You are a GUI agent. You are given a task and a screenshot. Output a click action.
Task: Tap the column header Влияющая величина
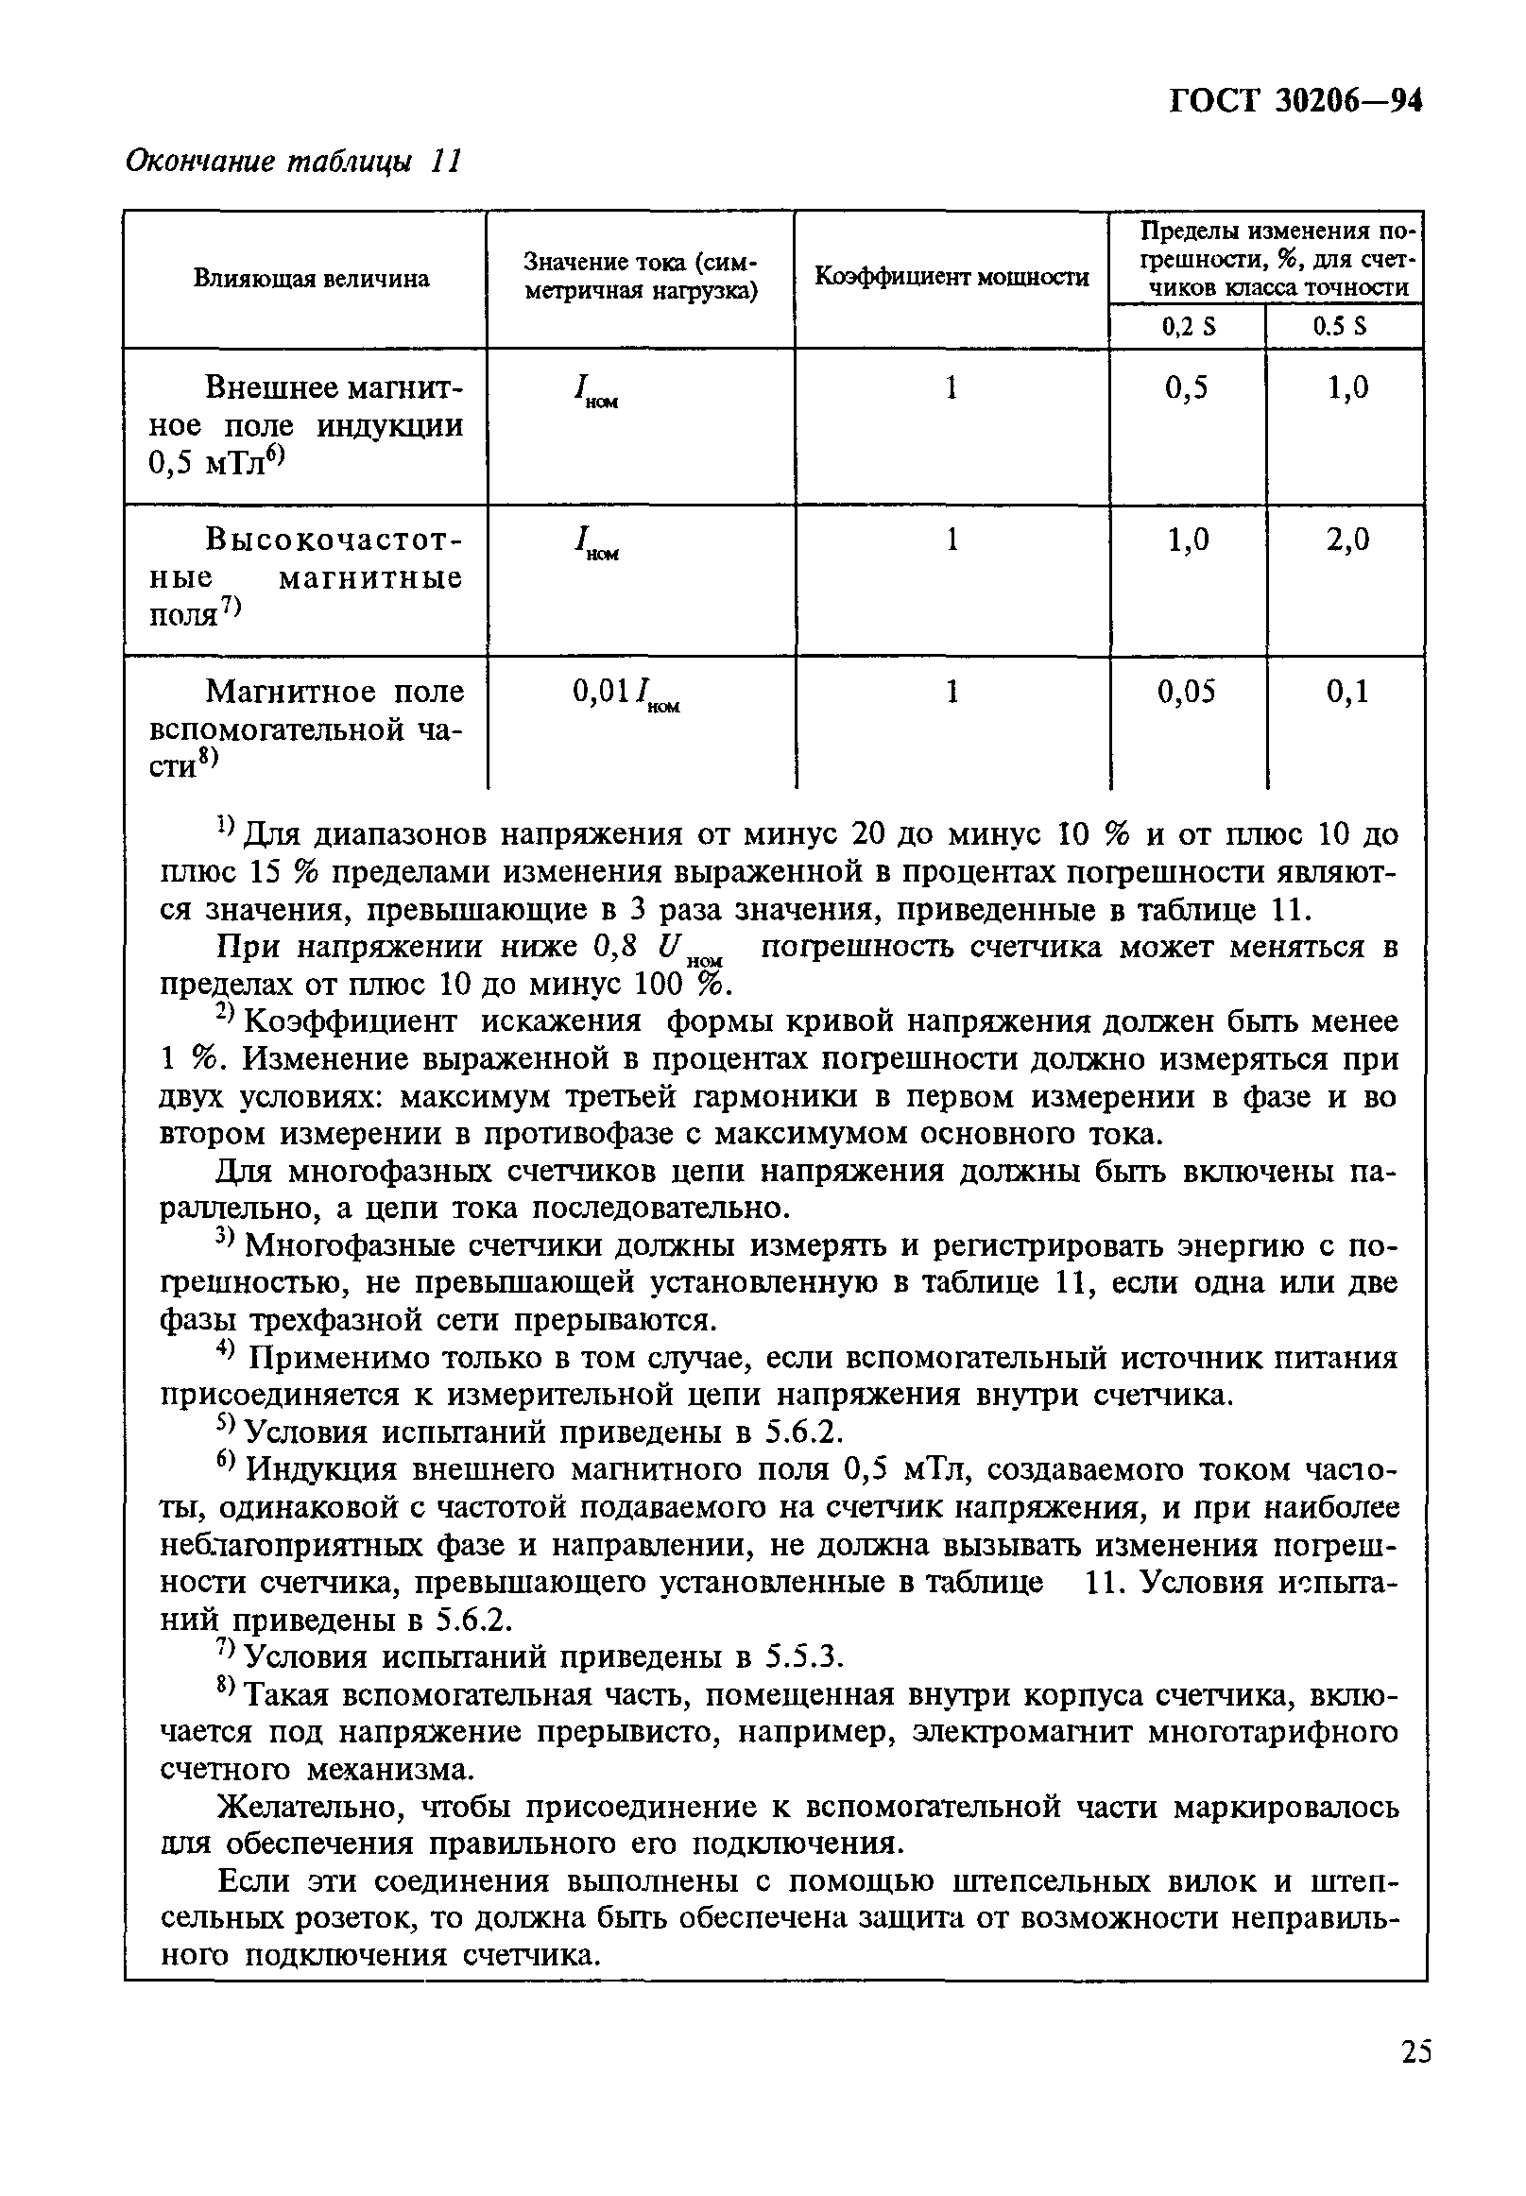[x=312, y=278]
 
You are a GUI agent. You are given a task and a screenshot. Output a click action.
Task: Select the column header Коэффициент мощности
[x=952, y=277]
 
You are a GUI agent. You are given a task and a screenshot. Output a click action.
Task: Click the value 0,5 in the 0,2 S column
[x=1187, y=387]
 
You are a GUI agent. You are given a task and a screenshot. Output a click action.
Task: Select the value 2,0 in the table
[x=1347, y=540]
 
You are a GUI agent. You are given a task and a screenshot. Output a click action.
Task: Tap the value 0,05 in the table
[x=1187, y=691]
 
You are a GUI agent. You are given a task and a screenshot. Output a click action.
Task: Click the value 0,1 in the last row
[x=1347, y=691]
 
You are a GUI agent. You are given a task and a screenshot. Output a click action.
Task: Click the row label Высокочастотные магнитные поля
[x=306, y=577]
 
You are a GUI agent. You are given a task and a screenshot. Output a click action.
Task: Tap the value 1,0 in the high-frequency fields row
[x=1188, y=540]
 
